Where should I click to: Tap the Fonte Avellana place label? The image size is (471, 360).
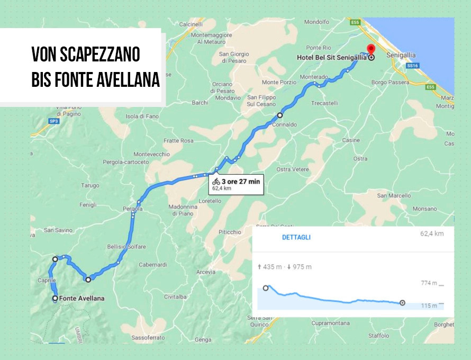(x=81, y=299)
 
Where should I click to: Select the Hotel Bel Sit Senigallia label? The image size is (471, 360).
(x=331, y=57)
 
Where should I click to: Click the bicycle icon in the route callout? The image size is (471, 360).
(x=216, y=182)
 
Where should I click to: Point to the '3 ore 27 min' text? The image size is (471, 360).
(x=241, y=182)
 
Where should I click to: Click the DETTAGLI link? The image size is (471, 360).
(x=296, y=237)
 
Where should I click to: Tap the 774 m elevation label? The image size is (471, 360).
(x=429, y=283)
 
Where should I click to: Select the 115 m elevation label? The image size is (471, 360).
(x=429, y=305)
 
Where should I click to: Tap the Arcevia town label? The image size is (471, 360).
(x=206, y=272)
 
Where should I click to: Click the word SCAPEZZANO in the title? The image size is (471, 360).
(x=101, y=54)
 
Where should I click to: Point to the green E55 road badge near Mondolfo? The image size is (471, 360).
(x=355, y=22)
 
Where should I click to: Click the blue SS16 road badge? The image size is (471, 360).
(x=413, y=66)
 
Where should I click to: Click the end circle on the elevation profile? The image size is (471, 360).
(x=402, y=303)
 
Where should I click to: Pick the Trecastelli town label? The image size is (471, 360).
(x=325, y=103)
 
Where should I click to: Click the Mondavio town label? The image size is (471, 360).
(x=228, y=98)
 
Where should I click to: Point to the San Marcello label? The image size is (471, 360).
(x=393, y=196)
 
